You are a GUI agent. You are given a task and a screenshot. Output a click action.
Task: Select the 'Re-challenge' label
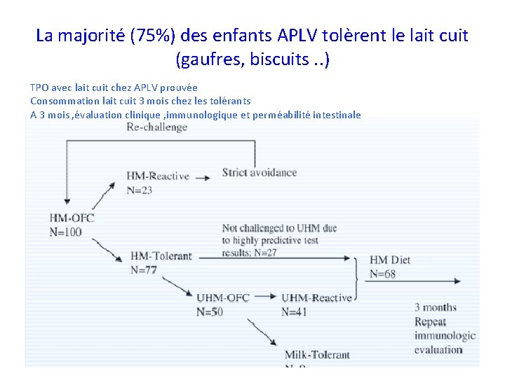tap(156, 127)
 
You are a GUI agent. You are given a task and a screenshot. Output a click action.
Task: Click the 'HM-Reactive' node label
tap(158, 176)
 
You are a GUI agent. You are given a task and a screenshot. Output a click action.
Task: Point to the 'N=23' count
tap(140, 190)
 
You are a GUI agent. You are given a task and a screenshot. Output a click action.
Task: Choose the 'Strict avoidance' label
tap(260, 172)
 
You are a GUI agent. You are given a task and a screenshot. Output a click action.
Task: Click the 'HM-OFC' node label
tap(72, 218)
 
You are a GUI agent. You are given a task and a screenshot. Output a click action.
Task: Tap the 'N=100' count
tap(66, 232)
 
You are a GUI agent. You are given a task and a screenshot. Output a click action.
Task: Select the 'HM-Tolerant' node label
tap(161, 255)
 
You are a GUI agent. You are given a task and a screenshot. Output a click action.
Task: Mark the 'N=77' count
tap(144, 269)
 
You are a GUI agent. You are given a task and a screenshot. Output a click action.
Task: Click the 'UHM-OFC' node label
tap(223, 298)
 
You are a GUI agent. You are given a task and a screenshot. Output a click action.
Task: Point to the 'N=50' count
tap(209, 311)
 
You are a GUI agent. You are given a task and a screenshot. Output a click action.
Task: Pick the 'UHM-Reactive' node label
tap(316, 298)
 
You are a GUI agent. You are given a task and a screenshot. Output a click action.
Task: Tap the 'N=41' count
tap(294, 311)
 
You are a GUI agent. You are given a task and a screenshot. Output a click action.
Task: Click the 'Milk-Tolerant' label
tap(317, 355)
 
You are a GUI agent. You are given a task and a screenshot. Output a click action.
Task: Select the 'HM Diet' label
tap(390, 260)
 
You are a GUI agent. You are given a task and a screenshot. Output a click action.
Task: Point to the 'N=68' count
tap(382, 274)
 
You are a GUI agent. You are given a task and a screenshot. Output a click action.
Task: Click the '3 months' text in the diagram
tap(435, 307)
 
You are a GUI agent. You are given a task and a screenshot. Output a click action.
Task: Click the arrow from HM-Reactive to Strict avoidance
tap(202, 178)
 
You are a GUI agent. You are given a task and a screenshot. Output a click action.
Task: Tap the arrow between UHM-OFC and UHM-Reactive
tap(267, 297)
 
